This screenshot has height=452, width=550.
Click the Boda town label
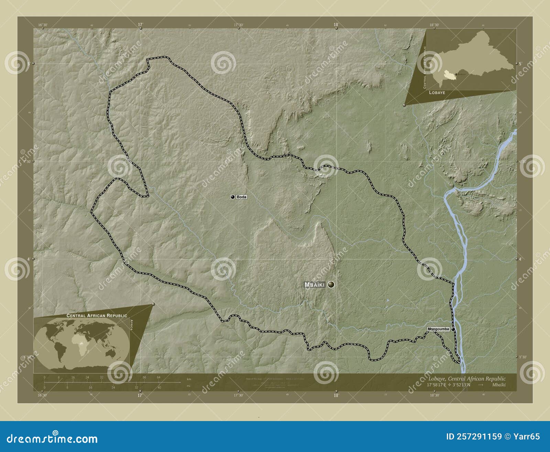[x=242, y=197]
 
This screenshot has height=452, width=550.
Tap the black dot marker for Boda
[x=233, y=197]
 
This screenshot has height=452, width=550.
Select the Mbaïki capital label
[x=315, y=285]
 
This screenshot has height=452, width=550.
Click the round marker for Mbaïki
[x=331, y=284]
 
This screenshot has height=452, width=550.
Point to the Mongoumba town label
[x=438, y=329]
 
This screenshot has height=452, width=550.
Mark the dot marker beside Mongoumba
[x=453, y=329]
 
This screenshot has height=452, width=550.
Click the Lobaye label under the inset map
[x=437, y=93]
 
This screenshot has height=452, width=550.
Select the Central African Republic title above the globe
[x=97, y=315]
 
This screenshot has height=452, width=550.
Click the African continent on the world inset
[x=80, y=341]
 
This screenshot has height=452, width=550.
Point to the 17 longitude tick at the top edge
[x=140, y=25]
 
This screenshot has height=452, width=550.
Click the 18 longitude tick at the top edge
[x=336, y=25]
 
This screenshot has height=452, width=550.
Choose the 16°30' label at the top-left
[x=43, y=25]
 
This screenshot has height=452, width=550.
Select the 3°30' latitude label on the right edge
[x=522, y=357]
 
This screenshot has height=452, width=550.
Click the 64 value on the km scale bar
[x=158, y=377]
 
